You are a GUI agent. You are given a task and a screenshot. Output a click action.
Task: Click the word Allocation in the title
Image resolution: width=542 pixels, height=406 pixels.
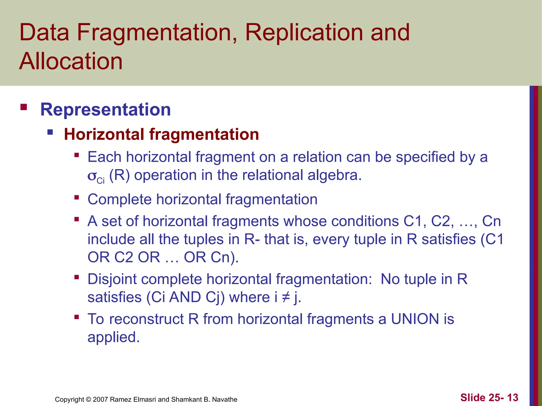(71, 61)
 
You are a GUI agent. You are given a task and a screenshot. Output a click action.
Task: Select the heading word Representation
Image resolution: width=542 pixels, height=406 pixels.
(105, 109)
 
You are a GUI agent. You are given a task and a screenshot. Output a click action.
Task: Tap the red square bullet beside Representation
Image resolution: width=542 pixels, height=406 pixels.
(24, 107)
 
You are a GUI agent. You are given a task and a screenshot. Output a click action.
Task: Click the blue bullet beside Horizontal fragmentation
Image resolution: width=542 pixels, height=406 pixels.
(50, 132)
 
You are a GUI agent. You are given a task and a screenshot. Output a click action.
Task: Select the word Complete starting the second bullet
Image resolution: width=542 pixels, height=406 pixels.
(119, 199)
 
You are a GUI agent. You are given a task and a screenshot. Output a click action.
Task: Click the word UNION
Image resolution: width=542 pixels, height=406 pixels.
(415, 319)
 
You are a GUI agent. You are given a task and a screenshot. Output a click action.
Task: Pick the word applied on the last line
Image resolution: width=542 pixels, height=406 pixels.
(113, 337)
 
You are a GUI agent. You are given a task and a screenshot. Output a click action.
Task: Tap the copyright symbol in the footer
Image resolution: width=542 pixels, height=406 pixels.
(88, 399)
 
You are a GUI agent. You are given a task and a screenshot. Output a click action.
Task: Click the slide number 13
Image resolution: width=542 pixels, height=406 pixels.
(513, 398)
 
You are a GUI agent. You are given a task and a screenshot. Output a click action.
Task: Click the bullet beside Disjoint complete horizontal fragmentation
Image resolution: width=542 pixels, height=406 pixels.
(77, 277)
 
